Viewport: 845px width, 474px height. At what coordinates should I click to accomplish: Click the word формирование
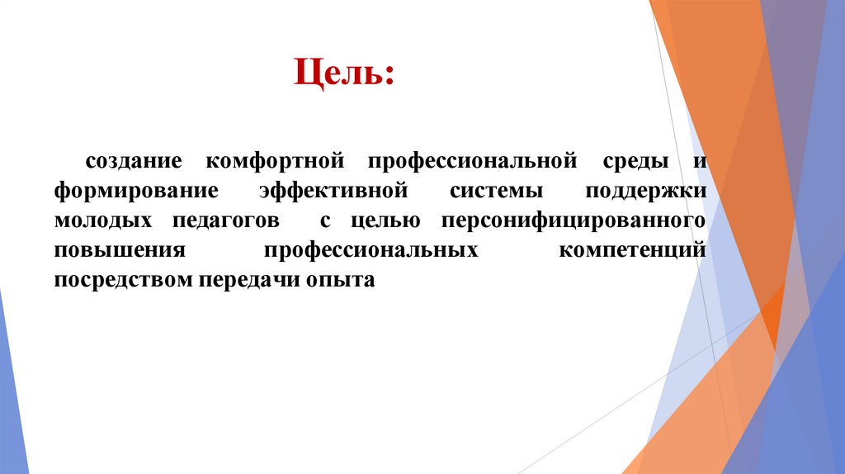[136, 190]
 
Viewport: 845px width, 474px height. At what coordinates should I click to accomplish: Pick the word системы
[497, 190]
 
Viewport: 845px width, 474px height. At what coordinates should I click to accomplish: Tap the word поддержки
[645, 190]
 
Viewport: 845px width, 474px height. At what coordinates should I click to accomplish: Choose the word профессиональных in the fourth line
[371, 250]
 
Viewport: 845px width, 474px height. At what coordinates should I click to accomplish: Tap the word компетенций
[632, 250]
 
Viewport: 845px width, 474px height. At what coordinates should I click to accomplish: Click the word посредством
[123, 280]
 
